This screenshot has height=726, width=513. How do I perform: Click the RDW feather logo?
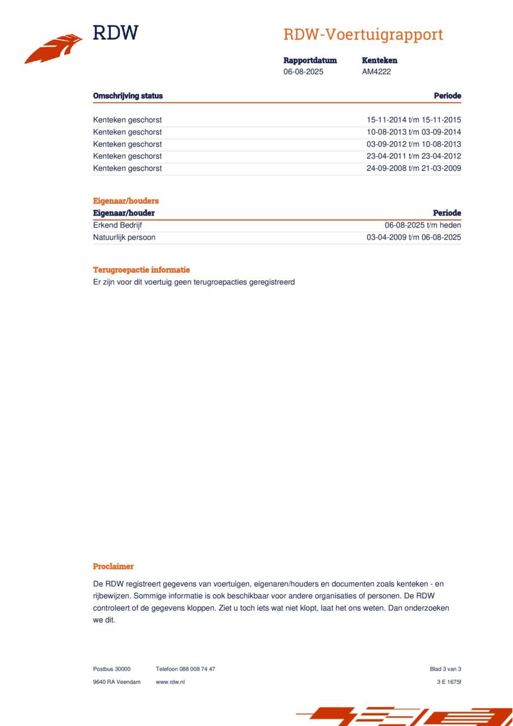coord(53,49)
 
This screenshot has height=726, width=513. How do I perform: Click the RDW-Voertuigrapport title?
coord(363,35)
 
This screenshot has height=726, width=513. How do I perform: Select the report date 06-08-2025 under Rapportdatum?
coord(304,72)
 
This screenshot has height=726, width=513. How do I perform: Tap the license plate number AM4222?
coord(376,72)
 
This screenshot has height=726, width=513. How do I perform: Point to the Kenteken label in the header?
coord(380,60)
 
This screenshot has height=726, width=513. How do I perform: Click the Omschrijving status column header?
coord(128,96)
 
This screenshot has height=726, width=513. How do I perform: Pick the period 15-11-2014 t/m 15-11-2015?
coord(414,120)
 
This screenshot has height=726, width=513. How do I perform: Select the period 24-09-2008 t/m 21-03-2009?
coord(414,168)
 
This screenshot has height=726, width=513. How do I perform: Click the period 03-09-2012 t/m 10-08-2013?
coord(414,144)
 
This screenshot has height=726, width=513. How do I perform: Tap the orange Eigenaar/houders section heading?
coord(126,201)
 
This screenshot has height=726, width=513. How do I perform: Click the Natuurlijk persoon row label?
coord(124,238)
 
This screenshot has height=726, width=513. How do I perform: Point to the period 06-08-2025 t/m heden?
coord(423,225)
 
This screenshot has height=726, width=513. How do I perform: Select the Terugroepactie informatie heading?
coord(141,270)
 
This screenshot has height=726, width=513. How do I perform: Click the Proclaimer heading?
coord(113,567)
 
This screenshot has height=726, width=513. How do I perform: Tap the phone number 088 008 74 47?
coord(197,669)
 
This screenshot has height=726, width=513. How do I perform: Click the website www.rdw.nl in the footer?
coord(170,682)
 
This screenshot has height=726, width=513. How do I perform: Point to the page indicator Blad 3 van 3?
coord(445,669)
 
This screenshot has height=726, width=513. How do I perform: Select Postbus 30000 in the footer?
coord(112,669)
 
